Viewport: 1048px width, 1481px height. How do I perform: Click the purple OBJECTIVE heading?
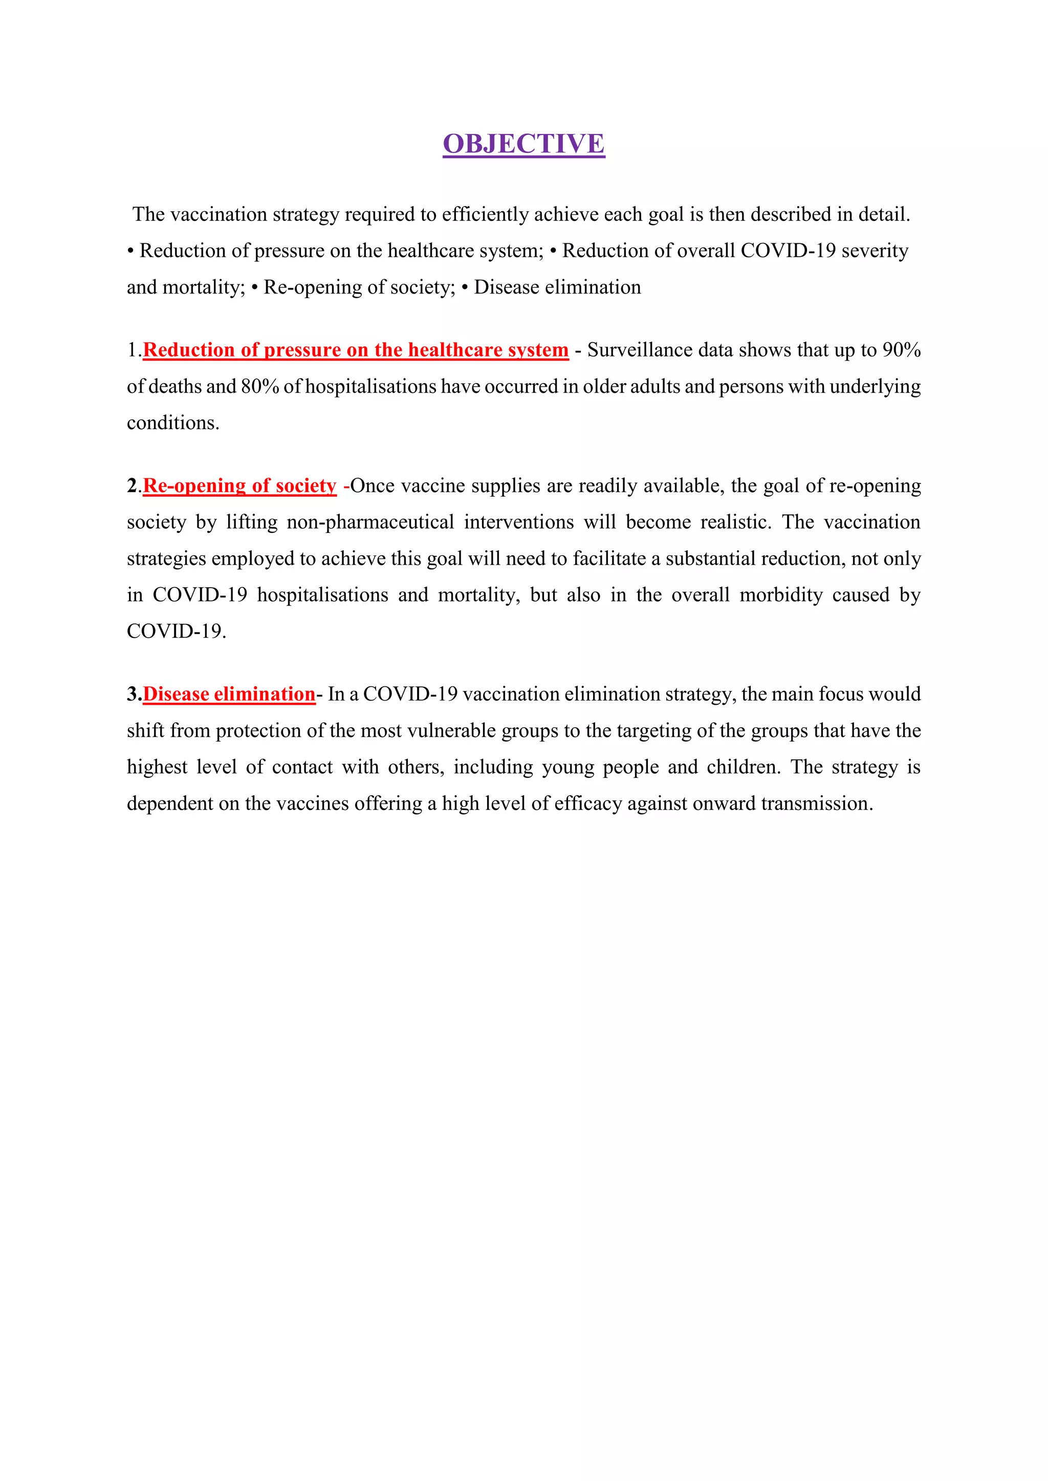coord(523,144)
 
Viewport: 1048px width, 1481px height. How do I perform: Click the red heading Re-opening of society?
coord(239,486)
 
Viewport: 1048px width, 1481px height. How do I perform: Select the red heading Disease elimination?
coord(229,694)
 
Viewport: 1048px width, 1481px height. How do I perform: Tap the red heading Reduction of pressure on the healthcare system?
coord(356,350)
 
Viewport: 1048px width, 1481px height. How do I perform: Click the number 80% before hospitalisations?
coord(259,387)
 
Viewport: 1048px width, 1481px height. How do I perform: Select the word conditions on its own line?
coord(172,423)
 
